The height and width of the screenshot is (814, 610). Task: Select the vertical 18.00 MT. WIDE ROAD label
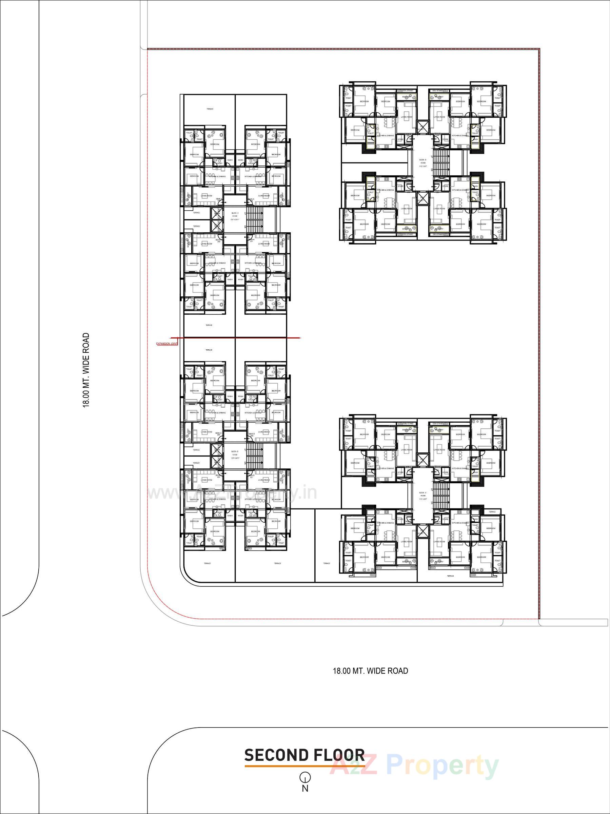pos(86,370)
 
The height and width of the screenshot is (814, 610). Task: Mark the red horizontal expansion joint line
pos(235,337)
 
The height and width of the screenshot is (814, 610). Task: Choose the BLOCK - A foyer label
pos(235,216)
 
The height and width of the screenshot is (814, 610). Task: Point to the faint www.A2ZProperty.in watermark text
pos(232,493)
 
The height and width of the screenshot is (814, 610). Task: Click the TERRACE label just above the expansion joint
pos(209,325)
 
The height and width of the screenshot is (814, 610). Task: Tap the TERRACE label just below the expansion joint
pos(209,350)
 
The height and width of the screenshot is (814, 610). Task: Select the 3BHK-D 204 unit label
pos(252,434)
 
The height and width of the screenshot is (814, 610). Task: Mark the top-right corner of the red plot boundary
pos(539,49)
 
